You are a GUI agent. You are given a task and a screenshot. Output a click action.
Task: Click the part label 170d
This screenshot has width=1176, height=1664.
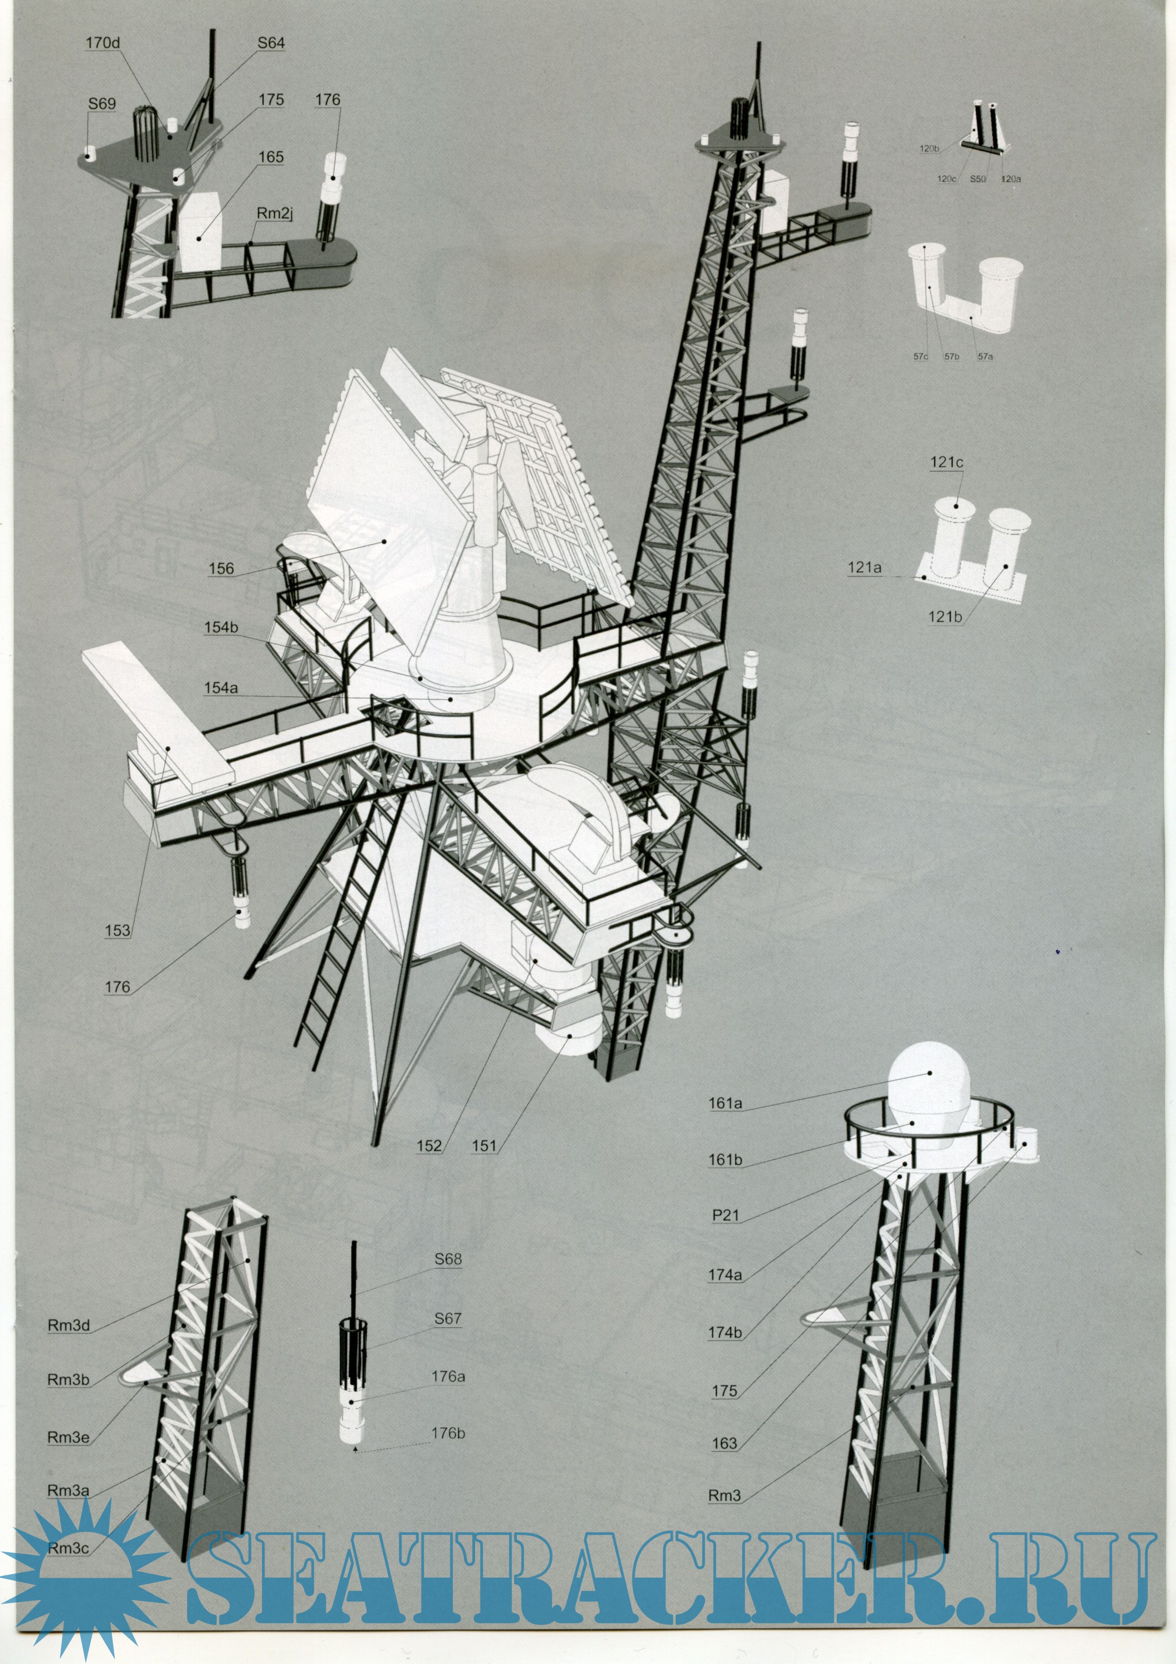coord(102,43)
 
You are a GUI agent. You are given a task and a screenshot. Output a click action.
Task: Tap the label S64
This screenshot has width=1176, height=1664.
coord(271,43)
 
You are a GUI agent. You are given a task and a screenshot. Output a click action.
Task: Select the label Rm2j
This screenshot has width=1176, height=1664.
coord(275,214)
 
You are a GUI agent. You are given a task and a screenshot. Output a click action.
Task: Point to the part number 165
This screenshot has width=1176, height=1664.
coord(271,157)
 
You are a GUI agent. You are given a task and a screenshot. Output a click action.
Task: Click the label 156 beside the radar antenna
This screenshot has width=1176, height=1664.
coord(221,568)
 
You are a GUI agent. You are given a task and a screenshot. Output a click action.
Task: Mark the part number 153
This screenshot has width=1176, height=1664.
coord(117,931)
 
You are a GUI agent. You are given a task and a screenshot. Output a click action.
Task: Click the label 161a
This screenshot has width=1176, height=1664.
coord(725,1104)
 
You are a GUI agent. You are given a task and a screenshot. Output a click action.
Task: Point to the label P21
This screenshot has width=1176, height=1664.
coord(725,1215)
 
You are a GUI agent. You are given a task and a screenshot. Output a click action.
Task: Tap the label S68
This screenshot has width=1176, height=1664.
coord(448,1259)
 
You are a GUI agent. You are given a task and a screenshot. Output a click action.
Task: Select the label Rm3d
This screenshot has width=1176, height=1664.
coord(69,1326)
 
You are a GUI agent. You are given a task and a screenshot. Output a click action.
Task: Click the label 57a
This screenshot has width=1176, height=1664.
coord(985,357)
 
